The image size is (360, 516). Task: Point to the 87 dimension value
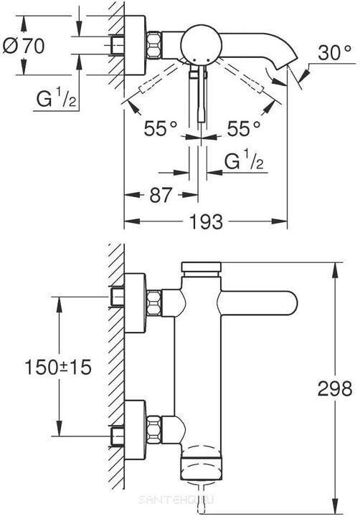(x=161, y=194)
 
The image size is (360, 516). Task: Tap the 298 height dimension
(x=335, y=388)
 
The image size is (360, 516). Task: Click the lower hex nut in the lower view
(x=153, y=429)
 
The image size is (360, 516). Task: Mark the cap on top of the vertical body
(x=202, y=267)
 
